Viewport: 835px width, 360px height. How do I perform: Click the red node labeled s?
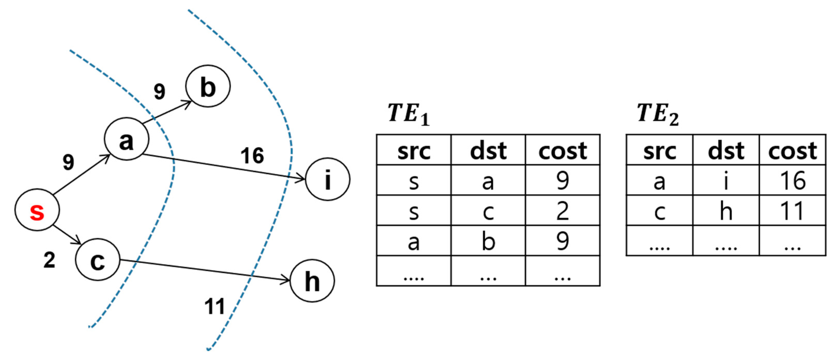coord(37,210)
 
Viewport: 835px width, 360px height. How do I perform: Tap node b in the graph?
coord(208,86)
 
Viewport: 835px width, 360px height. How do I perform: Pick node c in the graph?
coord(98,260)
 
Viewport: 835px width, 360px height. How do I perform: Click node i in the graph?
coord(328,179)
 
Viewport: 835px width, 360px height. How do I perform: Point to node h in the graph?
coord(312,281)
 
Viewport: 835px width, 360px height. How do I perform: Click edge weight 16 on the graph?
coord(252,156)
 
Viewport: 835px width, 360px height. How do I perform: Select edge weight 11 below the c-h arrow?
coord(214,306)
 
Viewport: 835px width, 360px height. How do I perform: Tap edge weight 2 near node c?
coord(49,260)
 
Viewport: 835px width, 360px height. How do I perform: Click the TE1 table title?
coord(408,114)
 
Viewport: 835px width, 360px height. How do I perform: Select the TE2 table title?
coord(657,114)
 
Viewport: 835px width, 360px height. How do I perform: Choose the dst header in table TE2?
coord(726,151)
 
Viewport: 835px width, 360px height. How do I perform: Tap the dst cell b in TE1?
coord(488,241)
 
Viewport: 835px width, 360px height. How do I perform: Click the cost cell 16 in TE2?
coord(792,181)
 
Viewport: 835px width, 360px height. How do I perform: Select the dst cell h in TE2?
coord(726,211)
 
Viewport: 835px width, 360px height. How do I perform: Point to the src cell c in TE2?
coord(659,211)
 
